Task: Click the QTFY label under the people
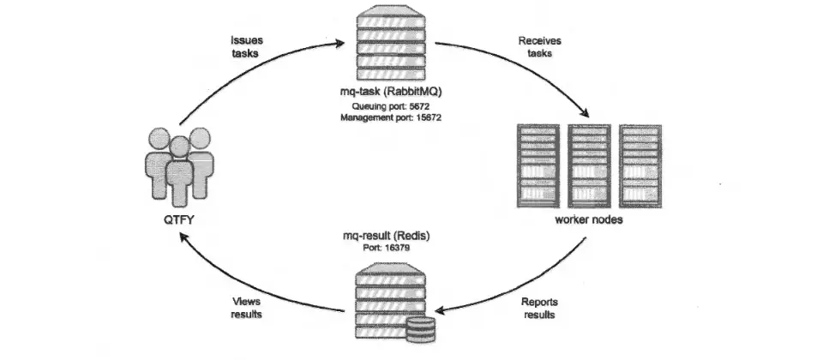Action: tap(179, 220)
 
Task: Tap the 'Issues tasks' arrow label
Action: tap(246, 46)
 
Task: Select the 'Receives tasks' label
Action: tap(539, 46)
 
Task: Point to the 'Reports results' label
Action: tap(539, 308)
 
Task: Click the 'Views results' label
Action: tap(246, 308)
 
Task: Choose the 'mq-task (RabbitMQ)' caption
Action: tap(391, 92)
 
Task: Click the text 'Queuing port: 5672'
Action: tap(391, 106)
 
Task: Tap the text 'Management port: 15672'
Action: tap(391, 118)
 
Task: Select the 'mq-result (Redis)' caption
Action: tap(387, 236)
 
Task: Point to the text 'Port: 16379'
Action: tap(387, 247)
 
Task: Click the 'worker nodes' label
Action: tap(589, 220)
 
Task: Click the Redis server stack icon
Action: tap(391, 301)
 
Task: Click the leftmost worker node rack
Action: tap(538, 165)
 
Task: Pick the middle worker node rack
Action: tap(589, 165)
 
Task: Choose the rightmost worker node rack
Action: tap(640, 165)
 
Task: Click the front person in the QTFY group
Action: tap(179, 171)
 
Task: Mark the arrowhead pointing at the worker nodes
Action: tap(584, 112)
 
